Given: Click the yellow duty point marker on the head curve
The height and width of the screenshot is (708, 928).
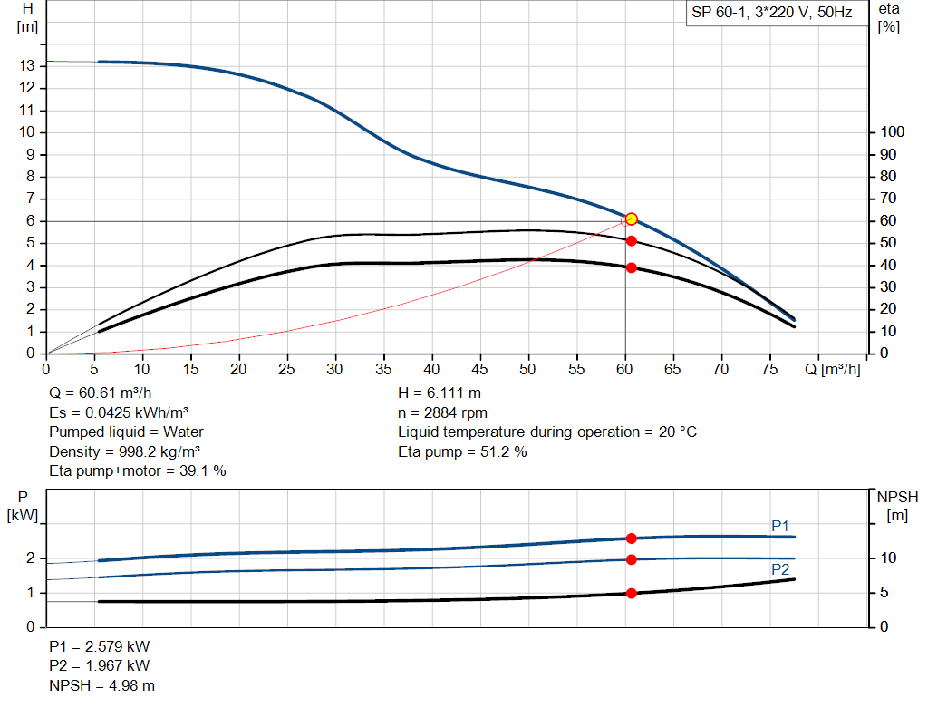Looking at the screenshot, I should click(631, 218).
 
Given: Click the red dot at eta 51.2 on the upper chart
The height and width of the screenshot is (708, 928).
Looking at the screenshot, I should click(631, 240).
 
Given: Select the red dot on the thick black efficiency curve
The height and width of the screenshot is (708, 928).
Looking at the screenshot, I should click(631, 267).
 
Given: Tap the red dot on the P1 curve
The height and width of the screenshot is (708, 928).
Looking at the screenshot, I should click(631, 538).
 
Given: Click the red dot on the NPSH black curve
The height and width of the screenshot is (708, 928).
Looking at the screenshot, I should click(631, 593).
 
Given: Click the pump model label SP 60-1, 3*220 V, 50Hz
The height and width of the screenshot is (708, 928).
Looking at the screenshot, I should click(772, 14).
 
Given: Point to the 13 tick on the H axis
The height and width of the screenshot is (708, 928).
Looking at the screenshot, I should click(28, 65).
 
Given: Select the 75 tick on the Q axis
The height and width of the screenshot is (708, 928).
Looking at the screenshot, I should click(768, 369).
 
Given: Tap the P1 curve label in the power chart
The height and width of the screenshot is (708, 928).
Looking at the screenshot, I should click(780, 525).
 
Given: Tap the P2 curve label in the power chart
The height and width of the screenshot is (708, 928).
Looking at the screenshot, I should click(780, 569).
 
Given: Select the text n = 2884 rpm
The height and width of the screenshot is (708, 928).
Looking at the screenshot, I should click(442, 412).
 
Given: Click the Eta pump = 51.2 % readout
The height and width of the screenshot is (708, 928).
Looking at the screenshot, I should click(462, 451).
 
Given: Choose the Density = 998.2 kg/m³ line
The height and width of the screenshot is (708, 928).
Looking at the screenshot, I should click(124, 451).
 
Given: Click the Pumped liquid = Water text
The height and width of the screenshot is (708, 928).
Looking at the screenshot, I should click(126, 432).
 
